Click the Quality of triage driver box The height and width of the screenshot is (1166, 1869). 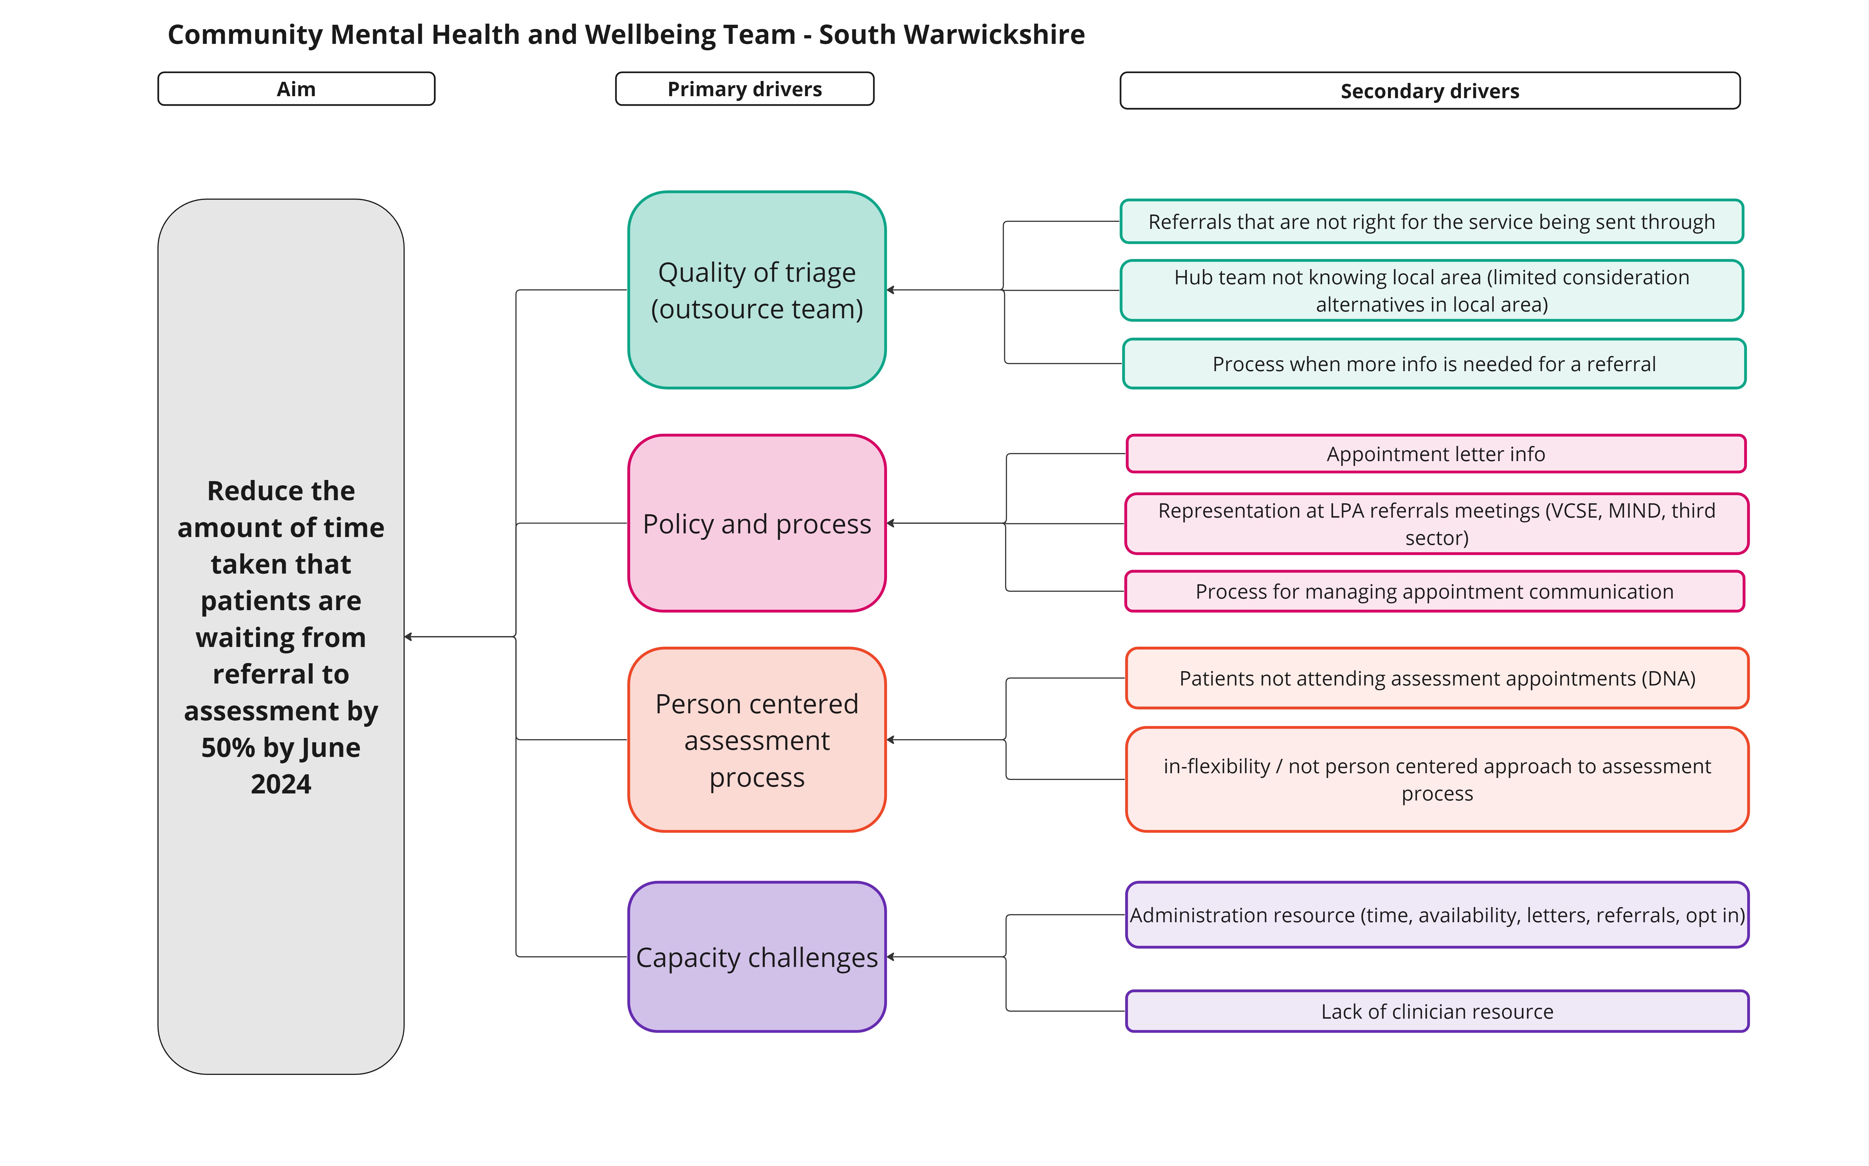click(757, 290)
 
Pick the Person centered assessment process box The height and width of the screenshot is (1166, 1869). click(757, 739)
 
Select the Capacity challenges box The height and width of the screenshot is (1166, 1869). click(757, 957)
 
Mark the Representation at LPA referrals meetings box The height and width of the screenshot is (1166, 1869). click(1436, 524)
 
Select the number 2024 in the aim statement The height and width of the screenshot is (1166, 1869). click(281, 784)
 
